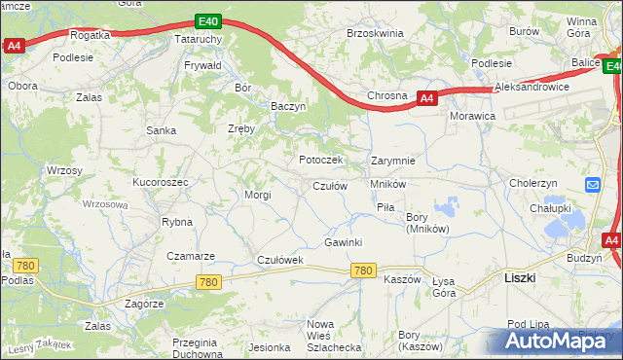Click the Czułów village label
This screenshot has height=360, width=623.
329,186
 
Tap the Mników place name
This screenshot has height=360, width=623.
387,183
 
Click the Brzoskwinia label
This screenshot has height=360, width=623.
375,32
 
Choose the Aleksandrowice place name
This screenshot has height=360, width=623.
530,88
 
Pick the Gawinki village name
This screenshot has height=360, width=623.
344,242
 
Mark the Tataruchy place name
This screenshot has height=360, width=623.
199,39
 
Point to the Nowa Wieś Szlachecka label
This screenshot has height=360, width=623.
334,335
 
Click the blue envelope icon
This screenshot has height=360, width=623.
593,185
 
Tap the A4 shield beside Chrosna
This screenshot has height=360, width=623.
426,98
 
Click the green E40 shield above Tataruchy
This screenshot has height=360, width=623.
205,20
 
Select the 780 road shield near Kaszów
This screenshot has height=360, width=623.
364,270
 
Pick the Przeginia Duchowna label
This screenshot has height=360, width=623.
194,348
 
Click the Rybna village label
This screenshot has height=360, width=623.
177,222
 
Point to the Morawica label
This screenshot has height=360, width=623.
473,116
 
